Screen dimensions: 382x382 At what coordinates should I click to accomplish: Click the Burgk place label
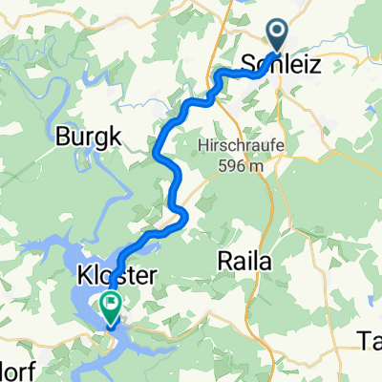(89, 137)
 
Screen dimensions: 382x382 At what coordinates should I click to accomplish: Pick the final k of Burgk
(115, 137)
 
